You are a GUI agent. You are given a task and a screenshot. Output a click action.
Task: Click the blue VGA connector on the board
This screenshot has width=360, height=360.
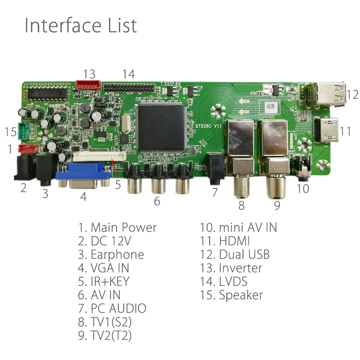84,175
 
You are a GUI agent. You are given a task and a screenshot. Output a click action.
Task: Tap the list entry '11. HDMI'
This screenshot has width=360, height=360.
225,241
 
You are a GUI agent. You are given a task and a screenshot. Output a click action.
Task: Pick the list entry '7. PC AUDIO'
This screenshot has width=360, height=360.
112,308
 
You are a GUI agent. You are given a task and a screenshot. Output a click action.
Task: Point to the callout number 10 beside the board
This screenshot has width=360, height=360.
303,188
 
